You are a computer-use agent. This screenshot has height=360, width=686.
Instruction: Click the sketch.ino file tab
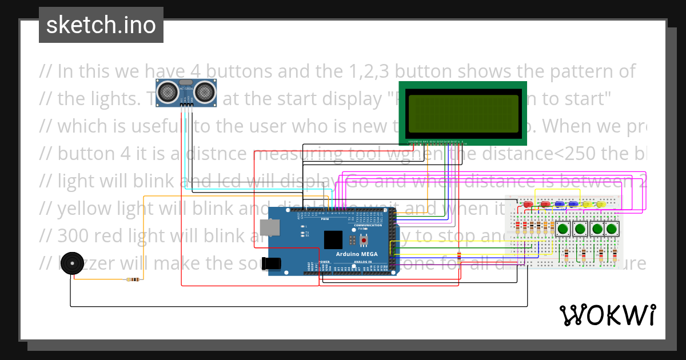(101, 25)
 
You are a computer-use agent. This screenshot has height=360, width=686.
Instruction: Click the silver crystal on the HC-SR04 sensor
(186, 83)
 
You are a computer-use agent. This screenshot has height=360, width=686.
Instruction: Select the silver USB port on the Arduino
(284, 227)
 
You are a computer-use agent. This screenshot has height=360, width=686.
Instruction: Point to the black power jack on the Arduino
(270, 263)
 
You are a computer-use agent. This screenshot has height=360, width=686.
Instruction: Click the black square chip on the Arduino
(364, 239)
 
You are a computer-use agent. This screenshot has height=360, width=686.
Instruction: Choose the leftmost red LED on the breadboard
(527, 204)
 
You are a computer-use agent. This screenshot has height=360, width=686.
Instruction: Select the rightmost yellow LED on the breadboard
(601, 204)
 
